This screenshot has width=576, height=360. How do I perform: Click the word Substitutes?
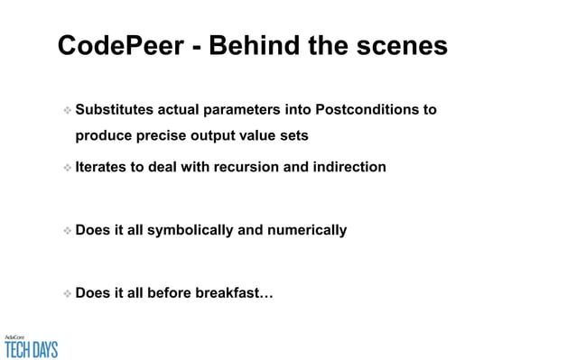click(x=115, y=110)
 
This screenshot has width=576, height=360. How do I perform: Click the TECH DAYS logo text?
click(x=32, y=348)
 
